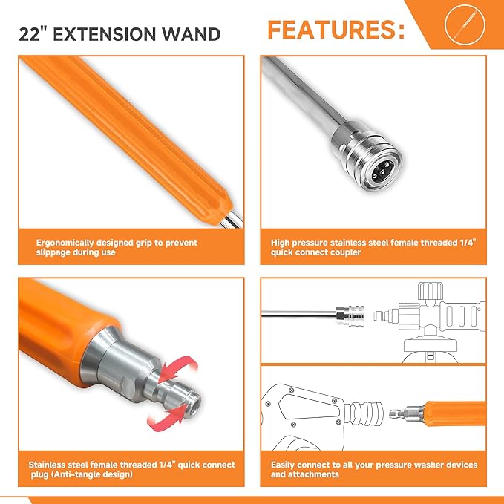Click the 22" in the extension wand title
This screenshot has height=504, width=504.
click(x=33, y=33)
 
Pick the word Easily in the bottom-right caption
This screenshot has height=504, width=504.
click(x=287, y=465)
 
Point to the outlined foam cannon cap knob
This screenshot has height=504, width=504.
click(x=431, y=291)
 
